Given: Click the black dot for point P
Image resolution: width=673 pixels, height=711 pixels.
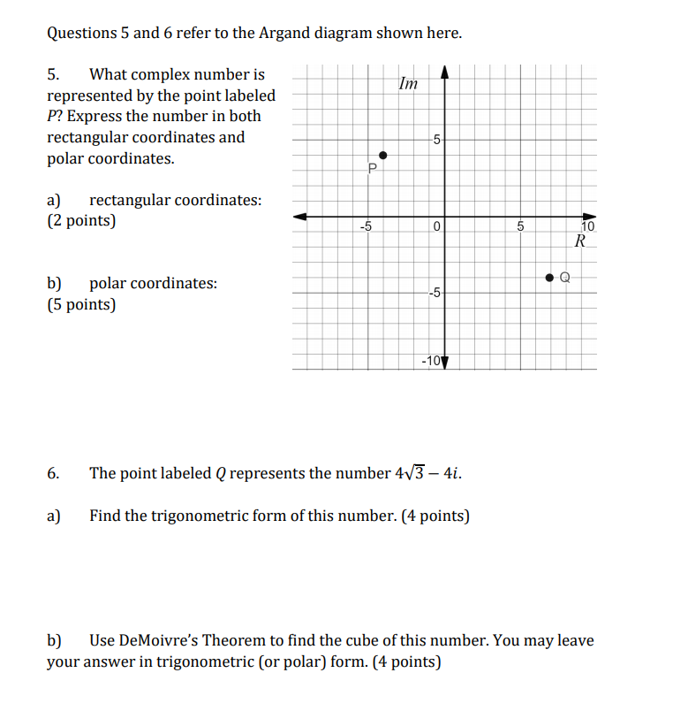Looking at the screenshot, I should (382, 155).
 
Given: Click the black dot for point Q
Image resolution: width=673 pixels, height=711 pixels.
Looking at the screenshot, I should (549, 278).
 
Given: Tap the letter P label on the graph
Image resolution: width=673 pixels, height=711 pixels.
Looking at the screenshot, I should (373, 168).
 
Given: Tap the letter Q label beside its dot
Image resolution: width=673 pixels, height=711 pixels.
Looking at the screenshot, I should (566, 278).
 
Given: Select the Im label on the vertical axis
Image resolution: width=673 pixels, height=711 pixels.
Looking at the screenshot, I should (407, 85).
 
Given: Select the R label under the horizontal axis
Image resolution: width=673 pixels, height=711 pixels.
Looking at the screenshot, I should (579, 241).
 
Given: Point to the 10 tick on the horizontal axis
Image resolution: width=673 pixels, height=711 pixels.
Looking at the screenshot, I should (588, 227).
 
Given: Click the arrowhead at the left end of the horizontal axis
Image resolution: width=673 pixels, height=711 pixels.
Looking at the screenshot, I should (300, 216).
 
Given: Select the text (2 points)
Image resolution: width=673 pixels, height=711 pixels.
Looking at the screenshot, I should (81, 221).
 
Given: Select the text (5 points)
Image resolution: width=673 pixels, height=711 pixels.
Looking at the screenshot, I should (81, 305).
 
